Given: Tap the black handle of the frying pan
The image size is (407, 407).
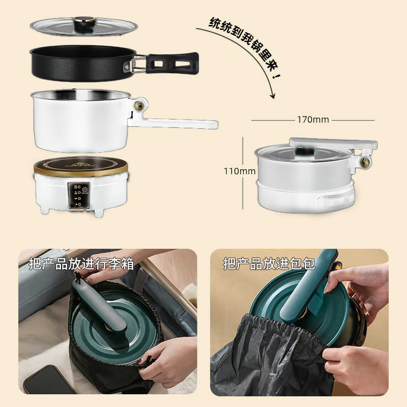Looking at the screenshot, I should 172,63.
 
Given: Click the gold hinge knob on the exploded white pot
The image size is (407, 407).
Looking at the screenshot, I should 138,106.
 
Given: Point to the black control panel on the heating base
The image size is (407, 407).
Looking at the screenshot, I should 78,195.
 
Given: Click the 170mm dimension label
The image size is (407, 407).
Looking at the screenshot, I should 313,120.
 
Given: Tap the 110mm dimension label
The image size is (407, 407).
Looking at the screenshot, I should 240,171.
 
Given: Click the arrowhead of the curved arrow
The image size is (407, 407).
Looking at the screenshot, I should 273,96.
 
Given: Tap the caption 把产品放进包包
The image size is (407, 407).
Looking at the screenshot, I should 269,264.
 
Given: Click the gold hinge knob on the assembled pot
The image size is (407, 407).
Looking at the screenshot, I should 365,162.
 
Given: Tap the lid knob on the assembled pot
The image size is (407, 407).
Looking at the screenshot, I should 305,151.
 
